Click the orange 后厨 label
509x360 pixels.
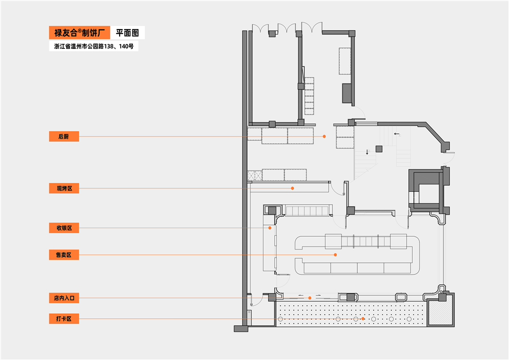click(x=64, y=136)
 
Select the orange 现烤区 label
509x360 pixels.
click(x=64, y=188)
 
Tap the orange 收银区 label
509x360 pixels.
click(x=64, y=228)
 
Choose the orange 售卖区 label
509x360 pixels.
click(x=64, y=254)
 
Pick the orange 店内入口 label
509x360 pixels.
click(x=64, y=298)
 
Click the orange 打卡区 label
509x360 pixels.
click(x=64, y=319)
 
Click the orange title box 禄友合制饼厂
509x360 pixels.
click(x=79, y=33)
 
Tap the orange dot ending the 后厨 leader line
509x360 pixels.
click(x=324, y=136)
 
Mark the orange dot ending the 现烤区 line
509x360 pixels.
click(x=293, y=188)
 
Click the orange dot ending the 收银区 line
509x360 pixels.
click(x=270, y=228)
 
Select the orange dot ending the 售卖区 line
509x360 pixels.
click(x=335, y=254)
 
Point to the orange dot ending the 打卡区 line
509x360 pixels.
click(x=363, y=319)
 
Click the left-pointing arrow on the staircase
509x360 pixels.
click(x=397, y=134)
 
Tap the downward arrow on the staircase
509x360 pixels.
click(x=367, y=152)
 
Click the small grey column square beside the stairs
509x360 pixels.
click(x=379, y=149)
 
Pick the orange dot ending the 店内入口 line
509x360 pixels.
click(x=309, y=298)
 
